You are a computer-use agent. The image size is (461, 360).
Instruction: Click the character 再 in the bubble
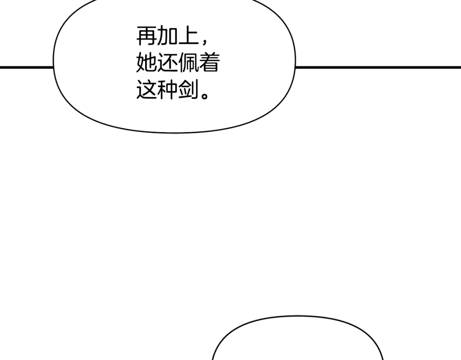click(x=146, y=37)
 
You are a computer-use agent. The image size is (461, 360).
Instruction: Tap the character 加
click(x=167, y=37)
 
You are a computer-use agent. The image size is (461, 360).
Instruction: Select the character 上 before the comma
click(x=188, y=37)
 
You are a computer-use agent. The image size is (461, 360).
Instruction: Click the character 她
click(x=146, y=63)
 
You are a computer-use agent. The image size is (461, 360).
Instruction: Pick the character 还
click(x=167, y=63)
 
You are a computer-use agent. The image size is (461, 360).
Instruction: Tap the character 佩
click(x=188, y=63)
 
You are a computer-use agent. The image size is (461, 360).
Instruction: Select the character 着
click(x=209, y=63)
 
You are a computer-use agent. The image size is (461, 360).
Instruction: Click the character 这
click(x=146, y=90)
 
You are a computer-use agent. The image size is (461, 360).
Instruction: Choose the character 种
click(x=167, y=90)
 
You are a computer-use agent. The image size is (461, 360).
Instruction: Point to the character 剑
click(x=188, y=90)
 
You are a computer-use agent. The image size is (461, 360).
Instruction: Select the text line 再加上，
click(x=172, y=37)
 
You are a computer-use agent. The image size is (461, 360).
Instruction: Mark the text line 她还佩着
click(x=178, y=63)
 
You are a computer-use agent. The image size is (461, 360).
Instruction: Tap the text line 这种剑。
click(x=172, y=90)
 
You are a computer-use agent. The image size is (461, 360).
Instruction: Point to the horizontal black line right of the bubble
click(x=378, y=67)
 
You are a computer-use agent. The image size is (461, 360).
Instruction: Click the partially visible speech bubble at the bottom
click(x=298, y=341)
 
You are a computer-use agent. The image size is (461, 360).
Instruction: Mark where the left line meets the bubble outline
click(x=53, y=67)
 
